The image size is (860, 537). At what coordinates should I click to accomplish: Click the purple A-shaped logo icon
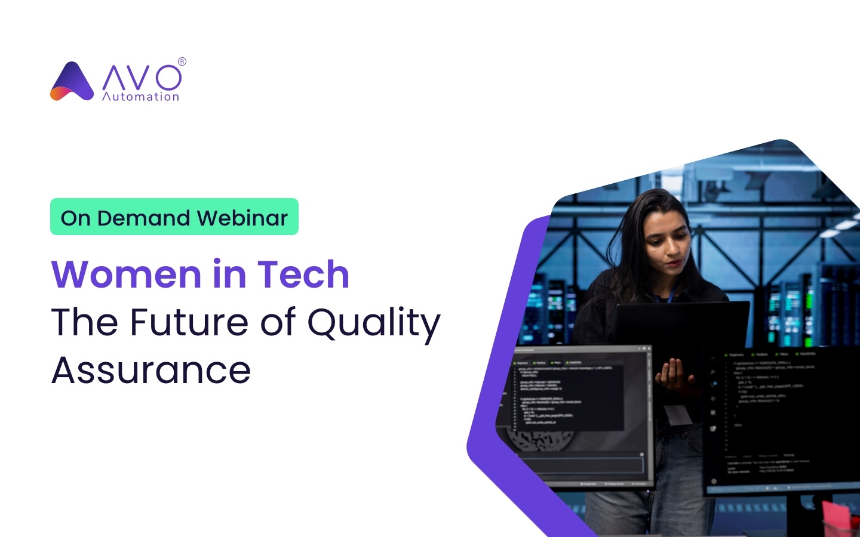[72, 82]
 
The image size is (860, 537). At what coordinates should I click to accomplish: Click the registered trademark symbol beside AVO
[182, 61]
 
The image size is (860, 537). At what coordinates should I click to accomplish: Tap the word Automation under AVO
[140, 97]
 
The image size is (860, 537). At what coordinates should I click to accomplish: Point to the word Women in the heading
[126, 274]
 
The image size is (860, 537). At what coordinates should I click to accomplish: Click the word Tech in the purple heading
[303, 274]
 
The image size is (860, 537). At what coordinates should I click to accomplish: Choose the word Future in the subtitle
[189, 322]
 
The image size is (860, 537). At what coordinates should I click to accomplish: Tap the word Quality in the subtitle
[374, 323]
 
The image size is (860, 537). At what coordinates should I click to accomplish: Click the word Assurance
[151, 371]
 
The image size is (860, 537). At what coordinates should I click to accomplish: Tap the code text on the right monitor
[770, 382]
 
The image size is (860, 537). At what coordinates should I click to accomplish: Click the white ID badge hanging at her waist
[678, 413]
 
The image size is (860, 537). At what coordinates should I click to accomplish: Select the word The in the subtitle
[85, 322]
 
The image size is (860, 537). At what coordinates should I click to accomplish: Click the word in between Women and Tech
[229, 274]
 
